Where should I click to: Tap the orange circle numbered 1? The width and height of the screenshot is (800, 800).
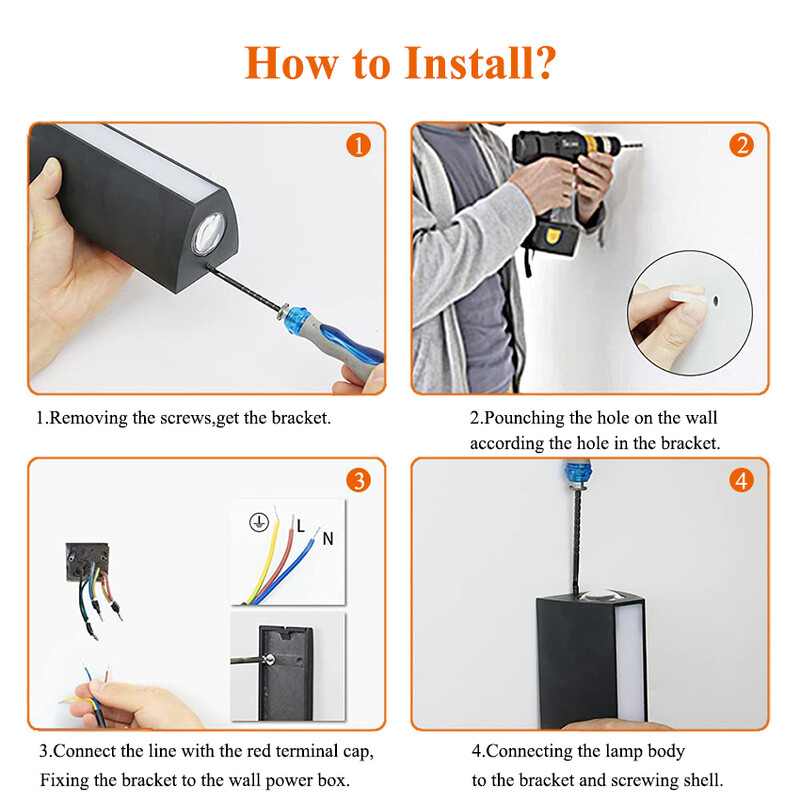(x=358, y=146)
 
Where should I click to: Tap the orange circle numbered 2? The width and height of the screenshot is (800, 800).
(x=741, y=146)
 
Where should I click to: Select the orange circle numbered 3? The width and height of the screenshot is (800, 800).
(x=358, y=481)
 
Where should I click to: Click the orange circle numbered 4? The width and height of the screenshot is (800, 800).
(x=741, y=481)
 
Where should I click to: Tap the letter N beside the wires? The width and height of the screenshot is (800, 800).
(x=327, y=539)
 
